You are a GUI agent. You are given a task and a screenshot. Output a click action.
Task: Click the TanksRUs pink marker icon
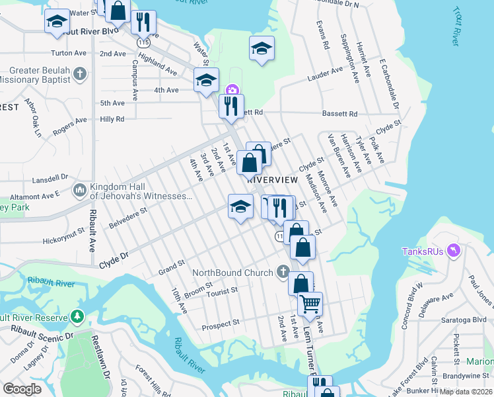click(454, 251)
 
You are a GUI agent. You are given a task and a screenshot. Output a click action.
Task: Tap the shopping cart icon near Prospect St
click(309, 304)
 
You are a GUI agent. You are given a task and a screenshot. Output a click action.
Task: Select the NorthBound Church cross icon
click(282, 272)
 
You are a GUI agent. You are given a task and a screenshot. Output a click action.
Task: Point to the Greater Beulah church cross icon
click(80, 73)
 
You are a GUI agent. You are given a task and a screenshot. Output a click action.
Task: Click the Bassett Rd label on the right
click(339, 114)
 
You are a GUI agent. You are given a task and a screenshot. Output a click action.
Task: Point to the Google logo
click(22, 389)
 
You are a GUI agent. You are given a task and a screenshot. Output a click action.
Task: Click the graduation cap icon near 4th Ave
click(206, 81)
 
